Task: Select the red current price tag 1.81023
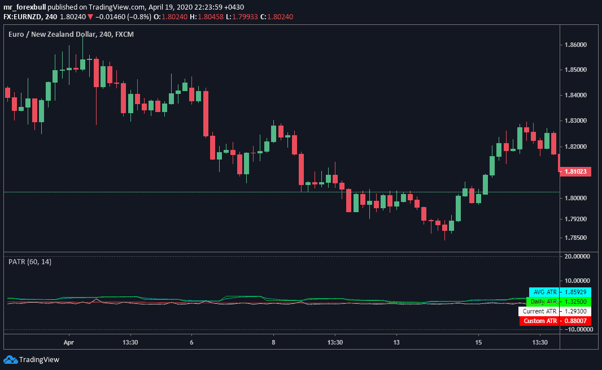[575, 171]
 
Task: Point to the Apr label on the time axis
[69, 342]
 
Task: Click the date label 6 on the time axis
[192, 342]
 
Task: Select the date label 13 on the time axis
[396, 342]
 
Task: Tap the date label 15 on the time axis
[478, 342]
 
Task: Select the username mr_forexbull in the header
[25, 6]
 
